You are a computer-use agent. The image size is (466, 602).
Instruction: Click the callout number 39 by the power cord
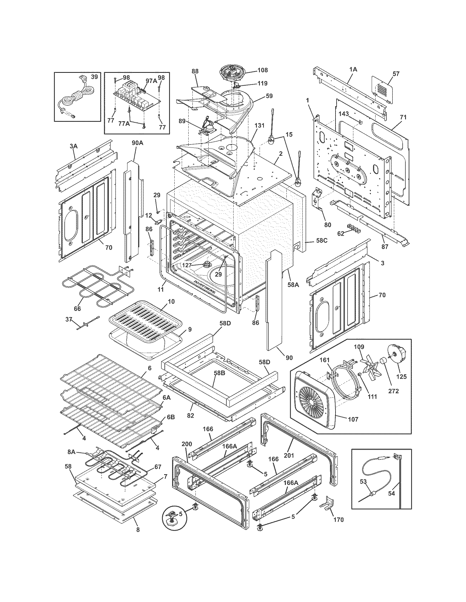point(94,77)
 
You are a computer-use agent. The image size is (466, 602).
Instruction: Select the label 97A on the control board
point(151,81)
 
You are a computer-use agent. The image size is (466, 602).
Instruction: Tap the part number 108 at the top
point(263,70)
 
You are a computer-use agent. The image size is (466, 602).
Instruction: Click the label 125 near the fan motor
point(401,377)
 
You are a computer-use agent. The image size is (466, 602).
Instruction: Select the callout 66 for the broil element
point(77,309)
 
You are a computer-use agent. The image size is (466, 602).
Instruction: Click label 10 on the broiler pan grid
point(171,302)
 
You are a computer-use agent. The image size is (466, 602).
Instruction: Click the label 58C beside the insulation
point(322,240)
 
